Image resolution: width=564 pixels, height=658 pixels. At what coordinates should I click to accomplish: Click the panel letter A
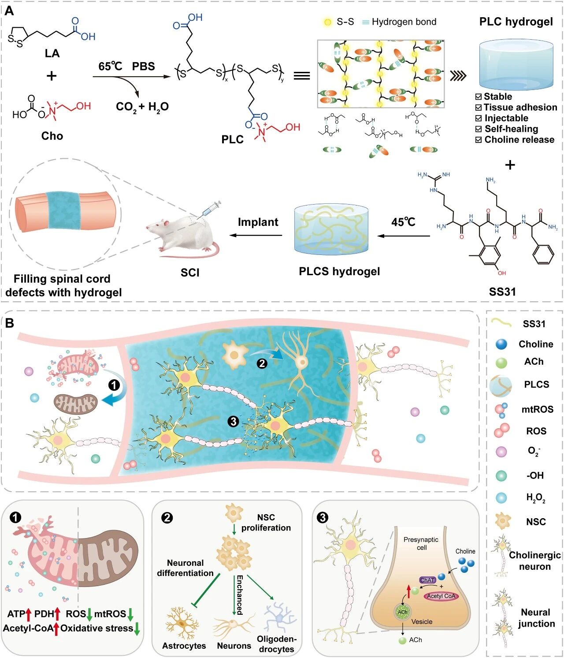coord(9,11)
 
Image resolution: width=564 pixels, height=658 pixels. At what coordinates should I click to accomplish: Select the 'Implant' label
coord(258,222)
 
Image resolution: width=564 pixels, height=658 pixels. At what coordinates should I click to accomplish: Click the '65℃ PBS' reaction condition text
coord(126,67)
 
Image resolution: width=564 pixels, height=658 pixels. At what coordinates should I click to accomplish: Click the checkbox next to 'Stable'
coord(479,97)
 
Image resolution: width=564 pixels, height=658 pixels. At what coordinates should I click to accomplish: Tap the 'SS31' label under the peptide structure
coord(502,292)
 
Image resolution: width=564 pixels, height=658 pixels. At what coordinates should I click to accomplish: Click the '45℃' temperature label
coord(403,222)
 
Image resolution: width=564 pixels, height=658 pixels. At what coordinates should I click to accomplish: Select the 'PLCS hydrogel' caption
coord(339,271)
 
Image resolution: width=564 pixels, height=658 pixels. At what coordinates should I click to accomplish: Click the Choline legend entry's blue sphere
coord(501,344)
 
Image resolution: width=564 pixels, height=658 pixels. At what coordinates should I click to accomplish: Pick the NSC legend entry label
coord(536,522)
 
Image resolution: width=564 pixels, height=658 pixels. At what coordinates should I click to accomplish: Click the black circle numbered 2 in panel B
coord(262,363)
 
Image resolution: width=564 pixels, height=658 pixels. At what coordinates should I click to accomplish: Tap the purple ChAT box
coord(427,580)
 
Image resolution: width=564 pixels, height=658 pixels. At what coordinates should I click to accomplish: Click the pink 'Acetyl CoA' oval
coord(441,596)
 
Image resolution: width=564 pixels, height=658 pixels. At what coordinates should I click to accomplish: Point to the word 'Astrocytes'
coord(184,646)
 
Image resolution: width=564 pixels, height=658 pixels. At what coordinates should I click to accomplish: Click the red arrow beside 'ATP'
coord(28,613)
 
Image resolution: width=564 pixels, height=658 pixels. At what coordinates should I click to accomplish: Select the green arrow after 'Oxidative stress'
coord(137,629)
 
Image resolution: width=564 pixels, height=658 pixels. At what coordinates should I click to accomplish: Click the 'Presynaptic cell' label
coord(421,543)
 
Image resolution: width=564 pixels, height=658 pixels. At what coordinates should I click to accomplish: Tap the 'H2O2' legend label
coord(535,498)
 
